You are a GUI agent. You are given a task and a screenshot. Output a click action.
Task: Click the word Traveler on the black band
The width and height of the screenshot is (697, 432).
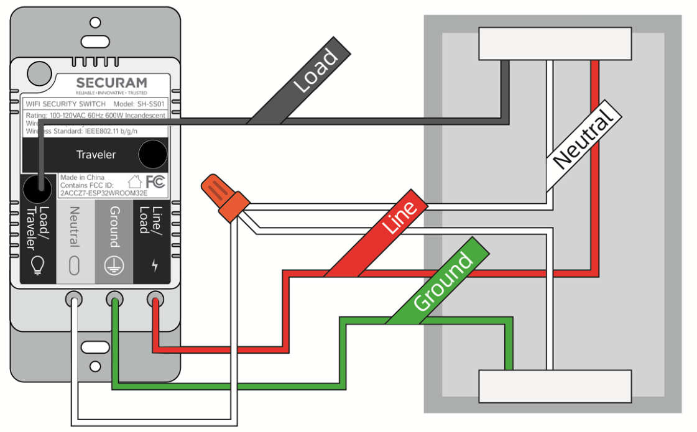coord(96,154)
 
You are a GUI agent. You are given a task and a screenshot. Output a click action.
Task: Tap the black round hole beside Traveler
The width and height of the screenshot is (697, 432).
coord(152,155)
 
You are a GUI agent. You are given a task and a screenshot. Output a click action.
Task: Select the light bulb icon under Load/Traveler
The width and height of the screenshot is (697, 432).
coord(37,265)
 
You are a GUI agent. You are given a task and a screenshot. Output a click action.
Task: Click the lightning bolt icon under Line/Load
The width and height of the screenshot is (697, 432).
coord(154,265)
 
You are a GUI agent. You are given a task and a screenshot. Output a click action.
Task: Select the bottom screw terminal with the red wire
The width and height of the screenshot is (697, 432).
coord(154,300)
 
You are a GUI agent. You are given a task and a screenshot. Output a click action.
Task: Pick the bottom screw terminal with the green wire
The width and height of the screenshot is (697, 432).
coord(114,300)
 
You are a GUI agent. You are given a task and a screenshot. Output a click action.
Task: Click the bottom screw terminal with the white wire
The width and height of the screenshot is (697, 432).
coord(74,300)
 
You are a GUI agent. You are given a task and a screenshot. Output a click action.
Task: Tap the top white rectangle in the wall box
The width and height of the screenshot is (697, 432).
coord(555,44)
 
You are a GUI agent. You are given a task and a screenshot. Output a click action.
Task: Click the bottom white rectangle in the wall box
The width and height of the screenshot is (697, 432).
coord(555,386)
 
